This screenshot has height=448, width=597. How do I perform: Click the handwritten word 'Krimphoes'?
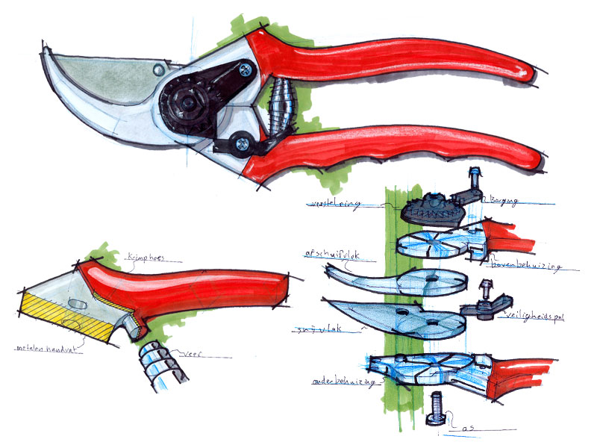pyautogui.click(x=146, y=255)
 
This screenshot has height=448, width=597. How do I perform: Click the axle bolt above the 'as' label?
pyautogui.click(x=436, y=410)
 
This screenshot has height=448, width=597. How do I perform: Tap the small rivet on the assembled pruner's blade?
pyautogui.click(x=157, y=69)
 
